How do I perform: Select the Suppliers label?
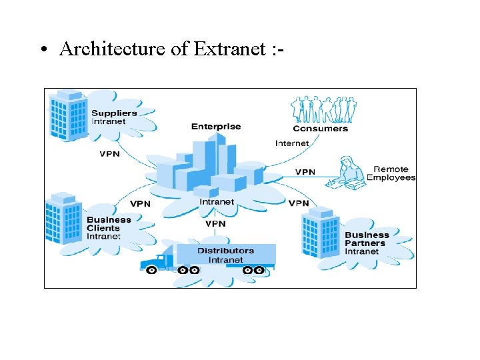[114, 113]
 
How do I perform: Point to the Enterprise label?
[216, 127]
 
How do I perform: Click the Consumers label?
[320, 129]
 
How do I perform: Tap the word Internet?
[292, 143]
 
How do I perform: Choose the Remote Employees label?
[391, 173]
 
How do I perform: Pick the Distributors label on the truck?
[225, 251]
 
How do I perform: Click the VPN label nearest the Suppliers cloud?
[109, 154]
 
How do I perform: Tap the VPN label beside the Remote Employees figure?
[305, 172]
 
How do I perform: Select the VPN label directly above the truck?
[215, 224]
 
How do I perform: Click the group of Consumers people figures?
[323, 109]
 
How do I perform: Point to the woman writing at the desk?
[348, 170]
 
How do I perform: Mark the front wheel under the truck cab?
[152, 270]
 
